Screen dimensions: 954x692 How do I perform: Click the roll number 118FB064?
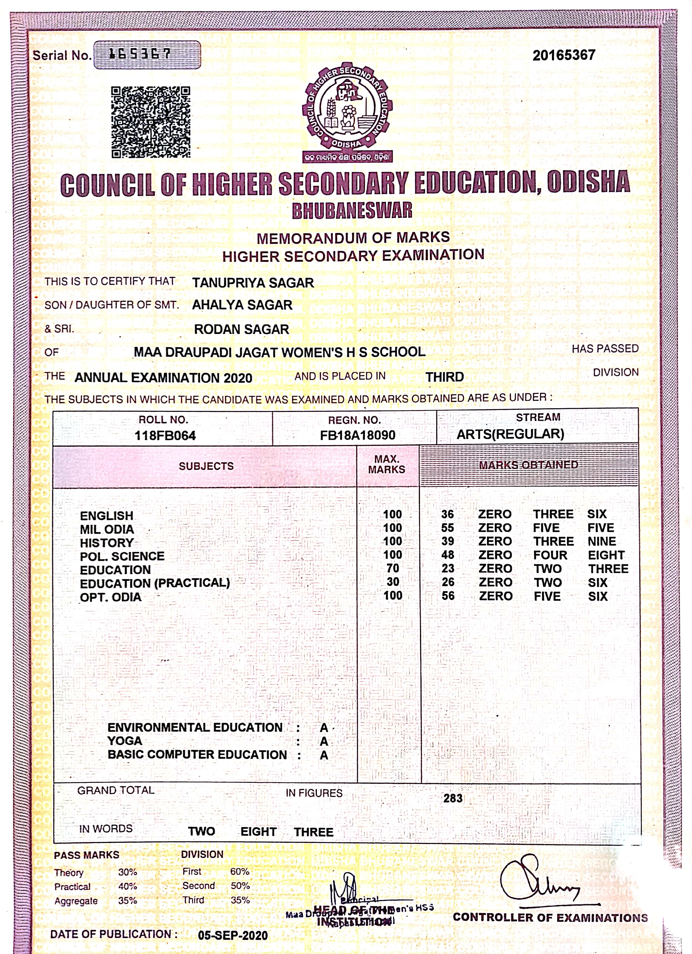coord(165,435)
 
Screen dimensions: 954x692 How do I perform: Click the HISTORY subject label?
coord(107,543)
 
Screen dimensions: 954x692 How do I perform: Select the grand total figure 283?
coord(453,798)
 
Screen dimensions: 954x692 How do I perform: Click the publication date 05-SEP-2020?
coord(233,935)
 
